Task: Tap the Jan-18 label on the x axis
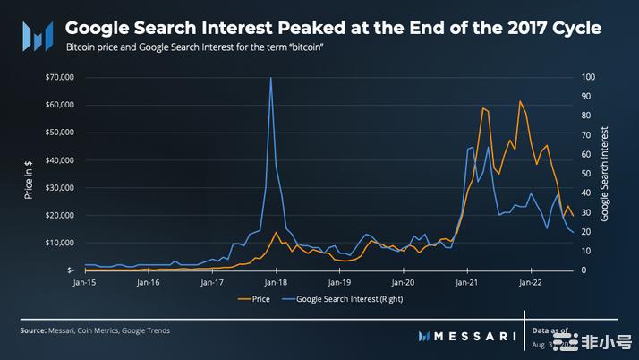(x=276, y=282)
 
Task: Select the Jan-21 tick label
(x=466, y=282)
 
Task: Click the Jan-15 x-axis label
(x=85, y=282)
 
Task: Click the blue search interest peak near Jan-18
(x=270, y=78)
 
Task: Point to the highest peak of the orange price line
(x=520, y=101)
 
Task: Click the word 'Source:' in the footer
(x=33, y=330)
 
